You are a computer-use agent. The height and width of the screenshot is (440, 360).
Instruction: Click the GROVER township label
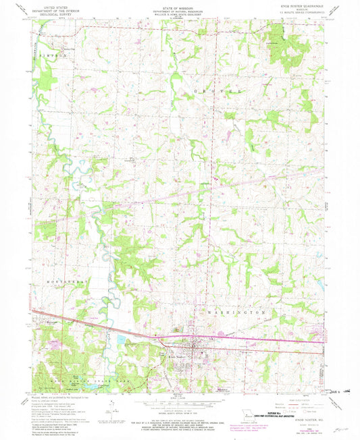coord(220,88)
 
